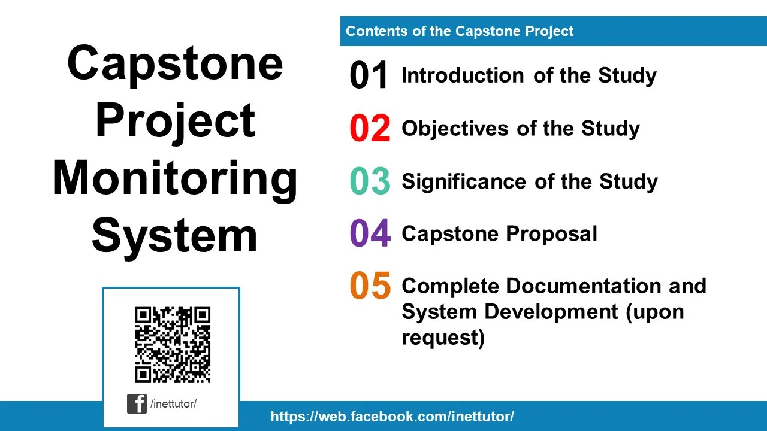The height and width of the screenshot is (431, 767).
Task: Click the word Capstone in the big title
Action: pyautogui.click(x=175, y=63)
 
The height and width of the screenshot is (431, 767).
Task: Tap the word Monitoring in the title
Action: pyautogui.click(x=175, y=178)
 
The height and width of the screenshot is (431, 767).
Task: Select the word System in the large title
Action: pyautogui.click(x=175, y=235)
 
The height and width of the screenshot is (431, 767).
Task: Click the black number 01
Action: pyautogui.click(x=369, y=76)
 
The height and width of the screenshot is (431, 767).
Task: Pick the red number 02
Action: pyautogui.click(x=370, y=129)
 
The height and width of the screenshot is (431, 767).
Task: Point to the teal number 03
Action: pyautogui.click(x=370, y=181)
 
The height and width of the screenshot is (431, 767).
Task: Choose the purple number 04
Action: pyautogui.click(x=370, y=233)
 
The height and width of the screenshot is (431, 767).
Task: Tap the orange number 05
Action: pyautogui.click(x=370, y=286)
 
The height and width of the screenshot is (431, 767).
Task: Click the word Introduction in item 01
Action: pyautogui.click(x=462, y=75)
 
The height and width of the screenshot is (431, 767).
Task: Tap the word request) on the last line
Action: pyautogui.click(x=443, y=338)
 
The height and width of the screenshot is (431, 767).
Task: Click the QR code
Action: pyautogui.click(x=173, y=344)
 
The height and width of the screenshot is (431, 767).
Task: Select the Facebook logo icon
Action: pyautogui.click(x=137, y=404)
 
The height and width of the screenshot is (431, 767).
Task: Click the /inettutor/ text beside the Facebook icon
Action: pyautogui.click(x=174, y=404)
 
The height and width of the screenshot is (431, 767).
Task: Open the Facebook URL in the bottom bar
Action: pyautogui.click(x=392, y=417)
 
